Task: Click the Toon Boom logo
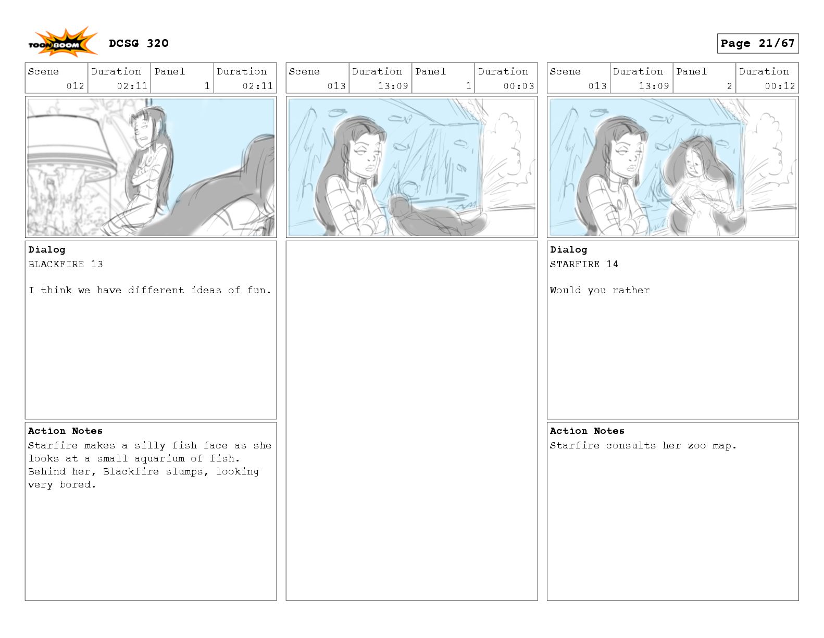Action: (63, 43)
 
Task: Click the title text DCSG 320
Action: (139, 43)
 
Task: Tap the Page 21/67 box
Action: (757, 43)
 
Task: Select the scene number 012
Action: (75, 86)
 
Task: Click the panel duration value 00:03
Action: (518, 86)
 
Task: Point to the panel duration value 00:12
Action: (780, 86)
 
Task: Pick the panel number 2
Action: (729, 86)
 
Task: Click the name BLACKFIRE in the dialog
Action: (56, 264)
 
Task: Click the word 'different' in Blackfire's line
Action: (156, 290)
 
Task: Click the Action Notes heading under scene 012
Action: (65, 431)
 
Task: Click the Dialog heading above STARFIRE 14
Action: (568, 249)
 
